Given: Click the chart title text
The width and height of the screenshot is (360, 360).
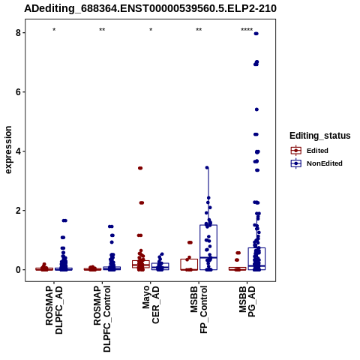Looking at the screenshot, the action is point(150,8).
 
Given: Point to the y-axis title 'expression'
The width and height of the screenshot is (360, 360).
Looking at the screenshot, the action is point(8,150).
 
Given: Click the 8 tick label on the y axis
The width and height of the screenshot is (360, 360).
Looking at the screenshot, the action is point(18,33).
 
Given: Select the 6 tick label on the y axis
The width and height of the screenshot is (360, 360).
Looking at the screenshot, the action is point(18,92).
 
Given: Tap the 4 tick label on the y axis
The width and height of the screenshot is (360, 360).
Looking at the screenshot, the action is point(18,151).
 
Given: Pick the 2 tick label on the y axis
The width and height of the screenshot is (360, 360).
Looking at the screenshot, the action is point(18,211).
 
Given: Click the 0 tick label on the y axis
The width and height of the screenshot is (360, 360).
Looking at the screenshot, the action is point(18,270).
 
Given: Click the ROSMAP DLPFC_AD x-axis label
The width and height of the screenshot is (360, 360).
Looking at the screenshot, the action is point(54,310).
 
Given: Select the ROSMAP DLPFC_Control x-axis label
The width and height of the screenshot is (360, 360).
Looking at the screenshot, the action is point(102,319).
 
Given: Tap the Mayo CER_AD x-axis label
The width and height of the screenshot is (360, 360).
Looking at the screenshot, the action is point(151,304).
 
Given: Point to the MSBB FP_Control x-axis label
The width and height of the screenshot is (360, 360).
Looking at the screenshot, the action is point(199,310).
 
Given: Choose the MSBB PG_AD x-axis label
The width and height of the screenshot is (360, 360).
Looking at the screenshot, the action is point(247,301).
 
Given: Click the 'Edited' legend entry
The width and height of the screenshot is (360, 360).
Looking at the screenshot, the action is point(317,151).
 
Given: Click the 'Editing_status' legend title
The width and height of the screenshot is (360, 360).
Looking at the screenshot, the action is point(320,136).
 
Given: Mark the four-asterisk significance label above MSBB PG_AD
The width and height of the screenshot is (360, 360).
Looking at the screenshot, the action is point(247,30).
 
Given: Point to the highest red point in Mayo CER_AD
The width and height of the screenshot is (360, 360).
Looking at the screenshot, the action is point(140,168).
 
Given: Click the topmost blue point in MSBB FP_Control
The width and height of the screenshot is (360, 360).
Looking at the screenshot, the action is point(207,168).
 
